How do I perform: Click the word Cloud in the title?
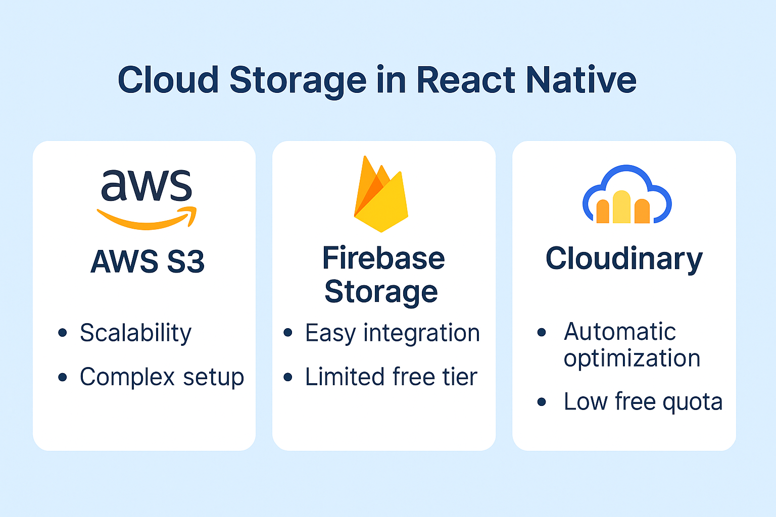coord(168,80)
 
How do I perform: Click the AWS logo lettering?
coord(147,186)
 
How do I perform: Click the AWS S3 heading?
coord(148,262)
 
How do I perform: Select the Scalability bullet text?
coord(135,333)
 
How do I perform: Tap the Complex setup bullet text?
coord(162,377)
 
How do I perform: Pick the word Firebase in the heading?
coord(383,258)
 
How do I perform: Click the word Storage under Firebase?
coord(381,292)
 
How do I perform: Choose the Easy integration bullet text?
coord(392,333)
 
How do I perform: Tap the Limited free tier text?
coord(391,377)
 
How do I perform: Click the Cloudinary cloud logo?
coord(626,195)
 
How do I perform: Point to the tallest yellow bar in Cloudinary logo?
coord(621,207)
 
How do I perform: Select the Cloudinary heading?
coord(624,259)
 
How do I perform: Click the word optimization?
coord(632,358)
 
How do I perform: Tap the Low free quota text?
coord(643,402)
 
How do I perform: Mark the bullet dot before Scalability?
coord(63,333)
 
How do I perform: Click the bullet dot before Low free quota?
coord(542,402)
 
